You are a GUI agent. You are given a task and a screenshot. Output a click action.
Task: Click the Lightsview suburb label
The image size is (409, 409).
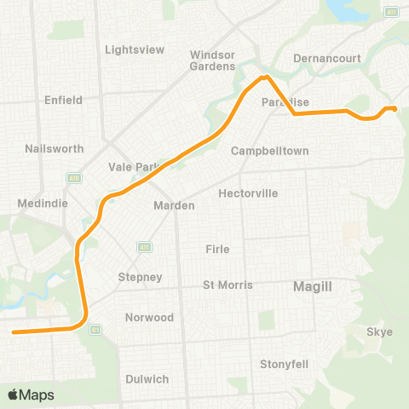[x=134, y=49]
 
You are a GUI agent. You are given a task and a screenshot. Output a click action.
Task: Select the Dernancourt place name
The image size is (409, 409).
[x=327, y=59]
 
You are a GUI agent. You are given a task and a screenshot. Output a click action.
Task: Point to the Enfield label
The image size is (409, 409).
[x=63, y=100]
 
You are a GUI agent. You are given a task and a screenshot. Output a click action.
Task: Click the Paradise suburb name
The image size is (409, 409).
[x=285, y=102]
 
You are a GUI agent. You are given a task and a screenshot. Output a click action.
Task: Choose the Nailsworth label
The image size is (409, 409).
[x=55, y=148]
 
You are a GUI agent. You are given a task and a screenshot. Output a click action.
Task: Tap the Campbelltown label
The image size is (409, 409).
[x=269, y=151]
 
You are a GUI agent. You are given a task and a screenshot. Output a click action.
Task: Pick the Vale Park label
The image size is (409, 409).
[x=130, y=167]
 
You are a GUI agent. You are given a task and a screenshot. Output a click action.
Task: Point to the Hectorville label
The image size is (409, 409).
[x=248, y=193]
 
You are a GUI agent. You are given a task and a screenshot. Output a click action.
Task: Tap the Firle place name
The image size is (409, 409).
[x=218, y=249]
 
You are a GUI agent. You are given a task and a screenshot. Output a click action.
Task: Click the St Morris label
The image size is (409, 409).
[x=228, y=285]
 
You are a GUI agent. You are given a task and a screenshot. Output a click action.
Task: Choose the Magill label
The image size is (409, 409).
[x=312, y=287]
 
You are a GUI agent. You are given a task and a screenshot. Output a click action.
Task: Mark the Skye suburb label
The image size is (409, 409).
[x=379, y=331]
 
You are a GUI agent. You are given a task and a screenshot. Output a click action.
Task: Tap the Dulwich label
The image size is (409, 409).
[x=147, y=378]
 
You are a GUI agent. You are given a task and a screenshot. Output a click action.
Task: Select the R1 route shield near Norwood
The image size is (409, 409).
[x=95, y=328]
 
